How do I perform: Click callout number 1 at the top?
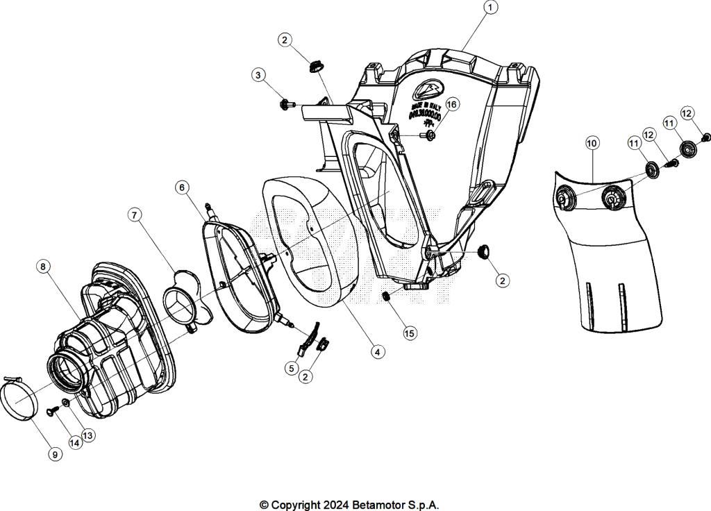[490, 8]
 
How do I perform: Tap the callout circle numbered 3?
[258, 74]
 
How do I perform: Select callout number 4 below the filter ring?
[378, 352]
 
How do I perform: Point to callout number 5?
[292, 367]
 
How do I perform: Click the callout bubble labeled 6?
[181, 187]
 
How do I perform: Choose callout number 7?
[135, 215]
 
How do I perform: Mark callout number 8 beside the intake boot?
[44, 267]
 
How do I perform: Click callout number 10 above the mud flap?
[592, 144]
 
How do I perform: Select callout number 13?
[88, 435]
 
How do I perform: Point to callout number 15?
[410, 333]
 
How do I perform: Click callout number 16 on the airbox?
[452, 104]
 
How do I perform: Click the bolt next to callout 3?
[285, 104]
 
